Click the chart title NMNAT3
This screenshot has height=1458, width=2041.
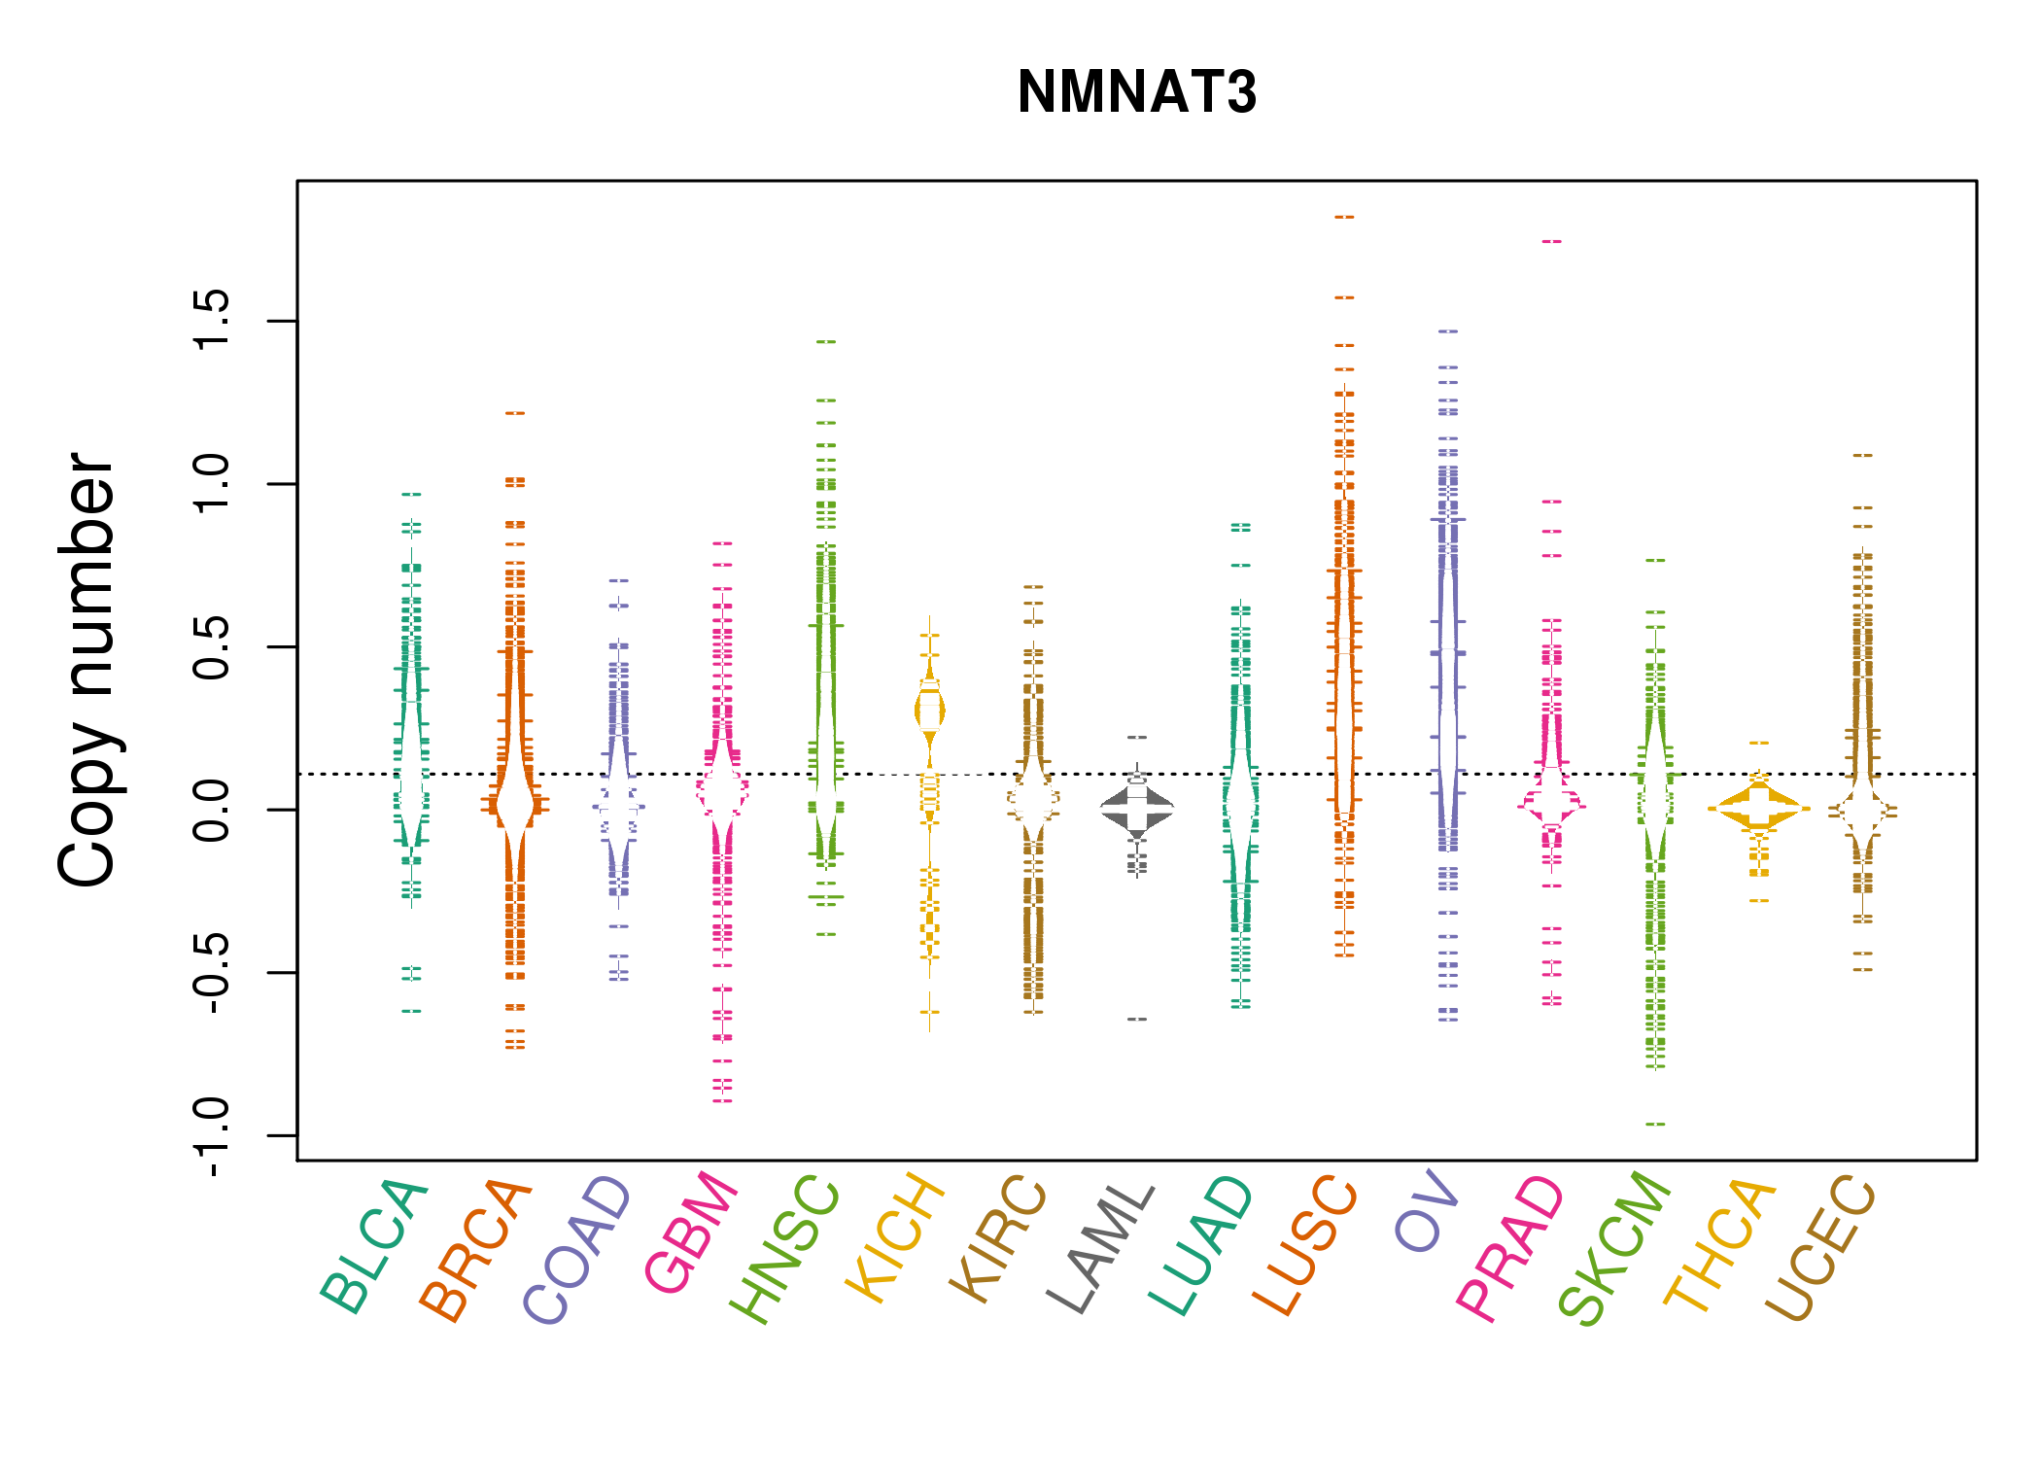[1136, 92]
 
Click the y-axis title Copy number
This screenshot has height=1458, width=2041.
[87, 670]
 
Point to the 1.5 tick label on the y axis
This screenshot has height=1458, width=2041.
[212, 320]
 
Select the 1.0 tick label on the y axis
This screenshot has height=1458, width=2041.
[212, 483]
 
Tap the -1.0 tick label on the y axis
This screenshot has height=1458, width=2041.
[212, 1134]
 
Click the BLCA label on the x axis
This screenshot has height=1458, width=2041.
[375, 1246]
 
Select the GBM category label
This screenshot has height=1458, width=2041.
[691, 1232]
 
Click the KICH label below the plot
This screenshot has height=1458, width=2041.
[895, 1237]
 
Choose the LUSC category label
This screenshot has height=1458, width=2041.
[1304, 1245]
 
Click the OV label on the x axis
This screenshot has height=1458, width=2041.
[1427, 1211]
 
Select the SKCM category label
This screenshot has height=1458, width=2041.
[1614, 1248]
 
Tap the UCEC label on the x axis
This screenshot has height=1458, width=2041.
[1820, 1248]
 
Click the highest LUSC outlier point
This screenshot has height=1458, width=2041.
[1344, 217]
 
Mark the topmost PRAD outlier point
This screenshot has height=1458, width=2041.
[1551, 241]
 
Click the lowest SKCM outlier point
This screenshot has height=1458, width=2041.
[1655, 1124]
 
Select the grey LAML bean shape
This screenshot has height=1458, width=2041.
[1137, 808]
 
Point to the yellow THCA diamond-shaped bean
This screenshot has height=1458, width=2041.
[1759, 808]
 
